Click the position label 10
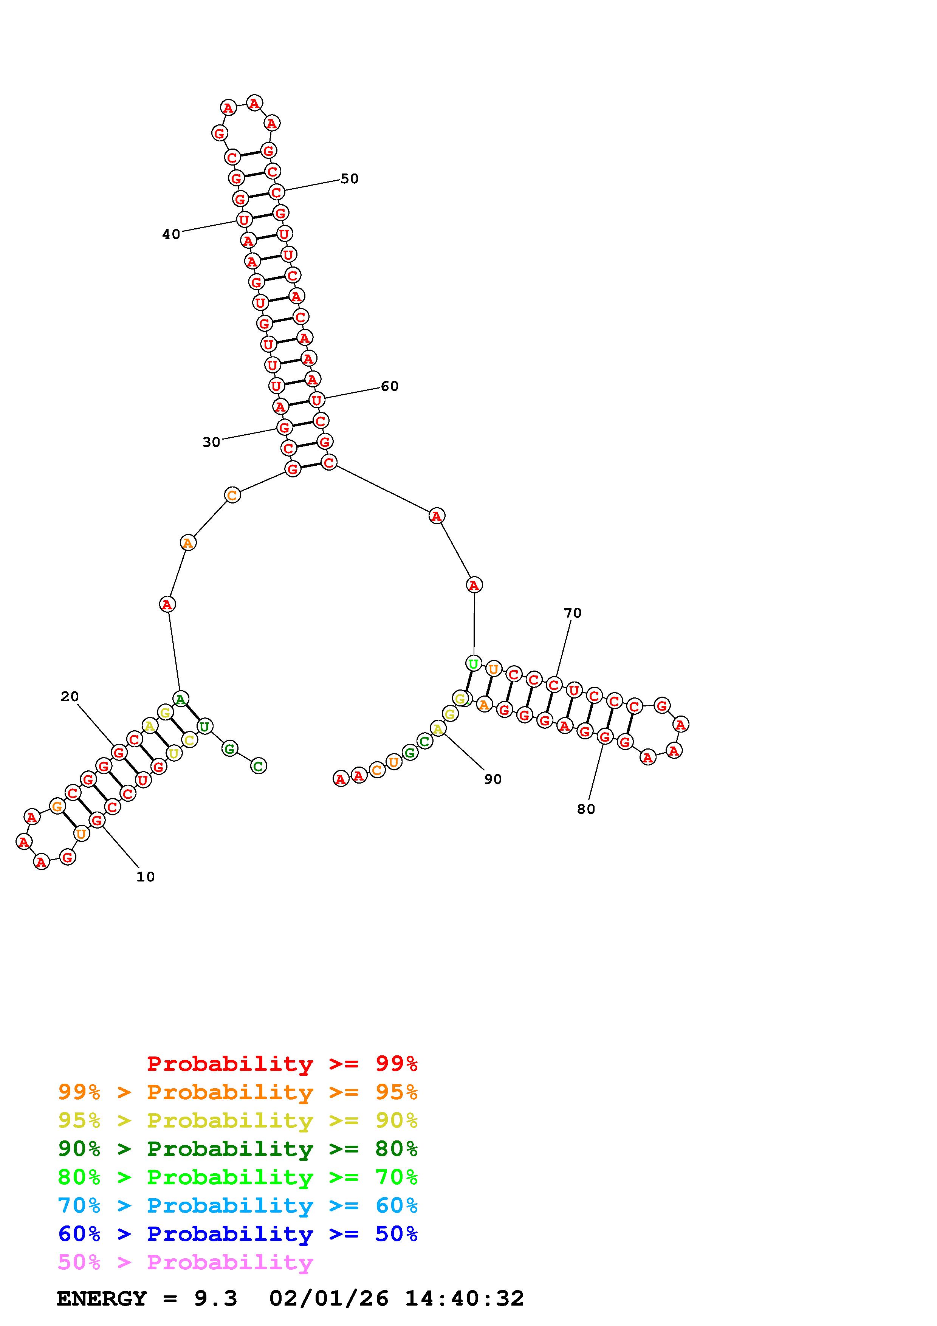point(146,877)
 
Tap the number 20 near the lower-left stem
point(70,697)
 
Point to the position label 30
point(211,442)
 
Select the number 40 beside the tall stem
point(171,234)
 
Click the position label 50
point(349,178)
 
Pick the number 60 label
point(390,386)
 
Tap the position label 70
point(573,612)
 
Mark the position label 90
point(493,779)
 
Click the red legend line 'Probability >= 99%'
point(282,1064)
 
